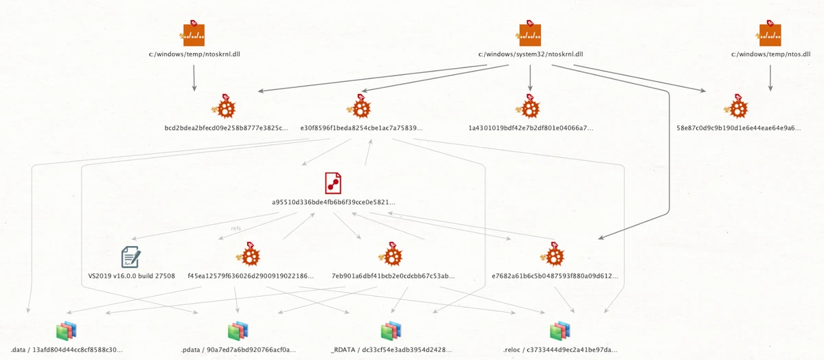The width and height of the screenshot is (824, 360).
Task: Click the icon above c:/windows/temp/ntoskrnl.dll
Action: [194, 34]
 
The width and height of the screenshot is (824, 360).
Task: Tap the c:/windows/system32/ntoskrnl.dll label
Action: [530, 54]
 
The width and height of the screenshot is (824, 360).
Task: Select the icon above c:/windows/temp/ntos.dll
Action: [770, 34]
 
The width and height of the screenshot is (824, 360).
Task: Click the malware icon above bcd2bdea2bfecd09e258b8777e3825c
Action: [222, 108]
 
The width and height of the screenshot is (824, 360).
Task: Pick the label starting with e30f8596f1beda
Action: [361, 128]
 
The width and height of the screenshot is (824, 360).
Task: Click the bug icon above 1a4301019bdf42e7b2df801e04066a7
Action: [529, 108]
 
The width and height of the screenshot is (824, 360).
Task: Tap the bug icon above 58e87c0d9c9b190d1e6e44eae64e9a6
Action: [735, 108]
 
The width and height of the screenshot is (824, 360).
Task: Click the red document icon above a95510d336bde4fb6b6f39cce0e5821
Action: [333, 183]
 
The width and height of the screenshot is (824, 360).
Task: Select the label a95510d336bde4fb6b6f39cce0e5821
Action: [334, 203]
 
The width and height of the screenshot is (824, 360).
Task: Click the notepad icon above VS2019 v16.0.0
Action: [130, 257]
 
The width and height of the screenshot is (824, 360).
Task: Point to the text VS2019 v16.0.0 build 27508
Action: [132, 276]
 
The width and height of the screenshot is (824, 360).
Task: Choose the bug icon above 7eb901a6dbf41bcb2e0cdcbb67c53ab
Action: [392, 256]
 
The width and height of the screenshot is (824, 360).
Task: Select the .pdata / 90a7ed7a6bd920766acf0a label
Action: [238, 350]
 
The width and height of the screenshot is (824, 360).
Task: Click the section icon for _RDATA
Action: [391, 332]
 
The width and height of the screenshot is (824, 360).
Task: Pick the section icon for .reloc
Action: [560, 332]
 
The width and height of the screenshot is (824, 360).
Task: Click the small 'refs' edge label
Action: [236, 228]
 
